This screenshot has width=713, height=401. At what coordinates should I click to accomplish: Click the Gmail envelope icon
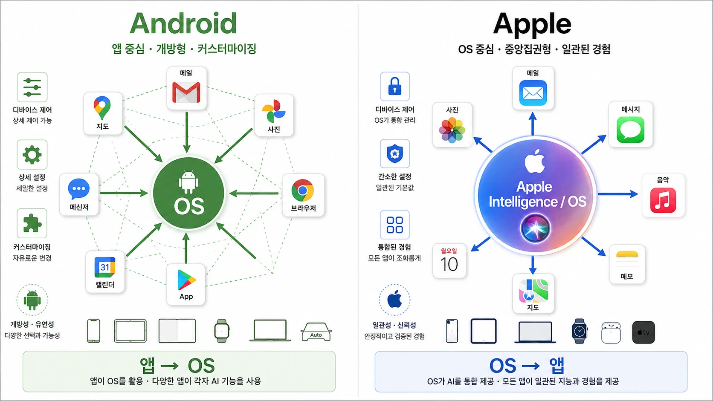pyautogui.click(x=186, y=92)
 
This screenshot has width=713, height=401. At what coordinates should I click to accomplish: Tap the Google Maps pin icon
pyautogui.click(x=102, y=108)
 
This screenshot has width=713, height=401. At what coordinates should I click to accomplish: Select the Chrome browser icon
pyautogui.click(x=303, y=190)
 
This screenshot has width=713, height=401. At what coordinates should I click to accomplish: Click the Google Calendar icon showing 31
pyautogui.click(x=105, y=267)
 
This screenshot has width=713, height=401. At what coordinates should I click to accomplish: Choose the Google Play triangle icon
pyautogui.click(x=186, y=280)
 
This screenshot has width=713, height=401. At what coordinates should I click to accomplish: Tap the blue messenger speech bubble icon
pyautogui.click(x=78, y=189)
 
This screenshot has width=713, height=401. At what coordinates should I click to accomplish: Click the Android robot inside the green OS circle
pyautogui.click(x=188, y=182)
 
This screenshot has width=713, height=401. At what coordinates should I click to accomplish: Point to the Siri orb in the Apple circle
pyautogui.click(x=535, y=229)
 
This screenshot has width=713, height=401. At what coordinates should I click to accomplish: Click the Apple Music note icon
pyautogui.click(x=663, y=200)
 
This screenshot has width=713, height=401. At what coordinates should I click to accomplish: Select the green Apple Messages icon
pyautogui.click(x=631, y=130)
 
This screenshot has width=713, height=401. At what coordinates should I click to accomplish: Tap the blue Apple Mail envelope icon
pyautogui.click(x=533, y=93)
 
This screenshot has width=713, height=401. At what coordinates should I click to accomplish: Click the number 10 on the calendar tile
pyautogui.click(x=449, y=264)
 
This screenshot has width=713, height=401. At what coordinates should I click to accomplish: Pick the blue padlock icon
pyautogui.click(x=395, y=86)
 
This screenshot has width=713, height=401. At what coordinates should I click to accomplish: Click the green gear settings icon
pyautogui.click(x=32, y=155)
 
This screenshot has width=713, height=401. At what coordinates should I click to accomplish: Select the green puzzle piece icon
pyautogui.click(x=32, y=224)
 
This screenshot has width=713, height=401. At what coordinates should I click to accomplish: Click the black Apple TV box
pyautogui.click(x=643, y=332)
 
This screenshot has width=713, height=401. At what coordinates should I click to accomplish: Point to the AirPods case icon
pyautogui.click(x=611, y=333)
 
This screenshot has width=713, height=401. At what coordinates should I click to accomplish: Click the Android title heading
pyautogui.click(x=184, y=23)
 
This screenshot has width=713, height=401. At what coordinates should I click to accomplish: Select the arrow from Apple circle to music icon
pyautogui.click(x=618, y=194)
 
